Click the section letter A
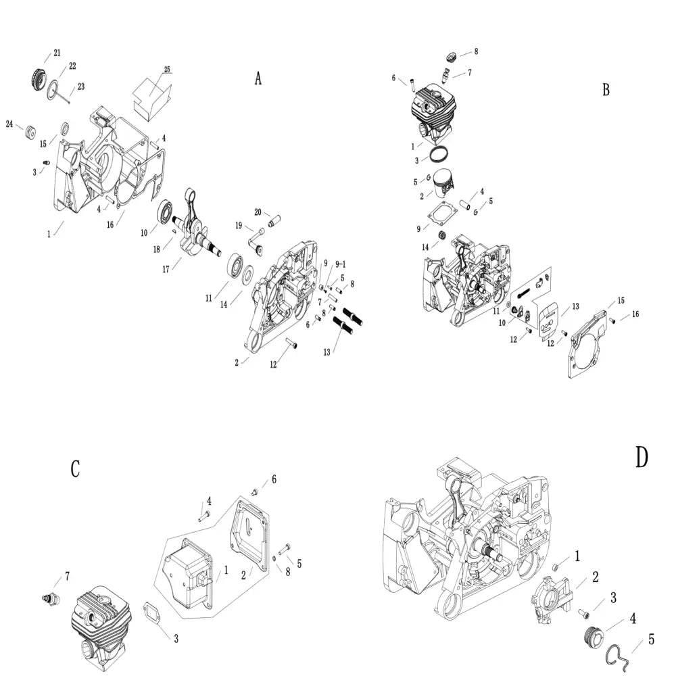pyautogui.click(x=258, y=79)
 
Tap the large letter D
pyautogui.click(x=642, y=458)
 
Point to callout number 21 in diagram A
pyautogui.click(x=57, y=53)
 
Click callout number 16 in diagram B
pyautogui.click(x=635, y=314)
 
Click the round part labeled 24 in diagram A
pyautogui.click(x=30, y=132)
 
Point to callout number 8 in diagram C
pyautogui.click(x=287, y=571)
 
